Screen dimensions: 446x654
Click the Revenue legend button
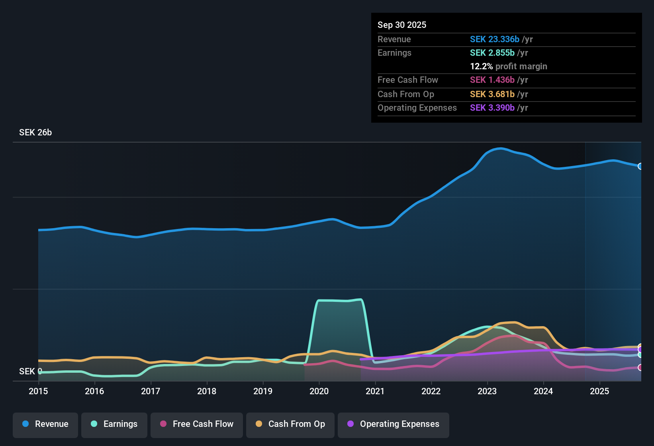[x=45, y=424]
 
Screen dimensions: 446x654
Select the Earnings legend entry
[x=114, y=424]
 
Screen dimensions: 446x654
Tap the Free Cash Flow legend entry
[x=197, y=424]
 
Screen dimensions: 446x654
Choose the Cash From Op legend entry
[x=290, y=424]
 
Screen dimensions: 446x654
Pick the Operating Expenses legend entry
[x=394, y=424]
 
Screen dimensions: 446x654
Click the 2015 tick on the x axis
[x=38, y=391]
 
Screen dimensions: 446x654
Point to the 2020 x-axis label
[x=319, y=391]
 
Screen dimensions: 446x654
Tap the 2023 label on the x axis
[x=487, y=391]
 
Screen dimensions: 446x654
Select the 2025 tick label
[x=599, y=391]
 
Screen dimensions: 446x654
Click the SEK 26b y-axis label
[x=35, y=133]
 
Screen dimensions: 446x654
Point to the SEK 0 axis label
[x=30, y=371]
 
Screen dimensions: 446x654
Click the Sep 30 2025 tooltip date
[x=402, y=25]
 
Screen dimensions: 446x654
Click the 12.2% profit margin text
[x=508, y=66]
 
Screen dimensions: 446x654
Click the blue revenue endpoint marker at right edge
[x=640, y=166]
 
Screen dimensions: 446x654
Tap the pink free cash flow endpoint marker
[x=640, y=368]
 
